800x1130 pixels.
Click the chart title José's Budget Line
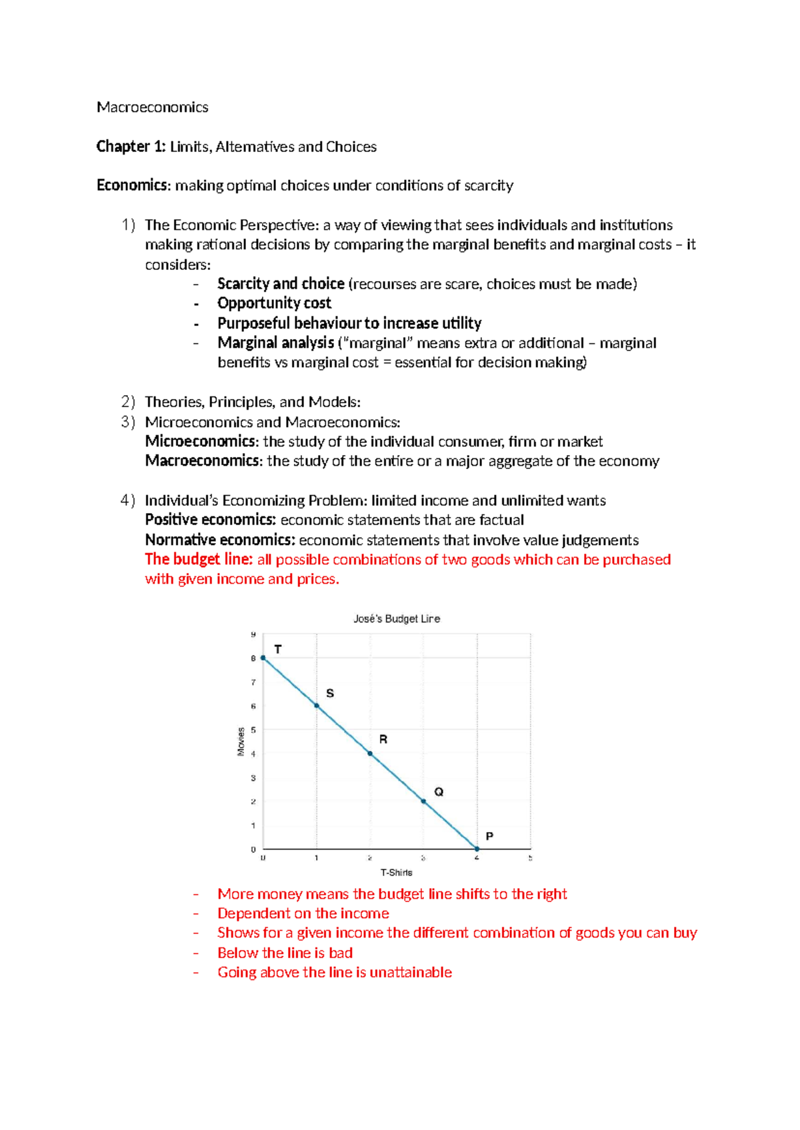[397, 618]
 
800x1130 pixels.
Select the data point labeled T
[263, 658]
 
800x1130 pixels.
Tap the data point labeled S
[317, 706]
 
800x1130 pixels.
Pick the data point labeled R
[370, 754]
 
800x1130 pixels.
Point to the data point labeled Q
[423, 802]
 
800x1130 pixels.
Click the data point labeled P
[477, 849]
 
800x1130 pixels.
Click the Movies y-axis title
[241, 742]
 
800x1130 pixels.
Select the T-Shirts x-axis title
[397, 872]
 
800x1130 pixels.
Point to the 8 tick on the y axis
[253, 658]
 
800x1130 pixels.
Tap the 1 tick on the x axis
[317, 858]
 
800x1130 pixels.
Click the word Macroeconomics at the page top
[152, 107]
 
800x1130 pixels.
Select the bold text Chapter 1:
[131, 147]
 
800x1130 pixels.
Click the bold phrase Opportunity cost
[274, 303]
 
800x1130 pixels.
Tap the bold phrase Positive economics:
[210, 520]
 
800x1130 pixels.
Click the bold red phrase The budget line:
[199, 559]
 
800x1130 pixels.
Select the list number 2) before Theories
[128, 402]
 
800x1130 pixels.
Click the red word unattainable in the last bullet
[411, 972]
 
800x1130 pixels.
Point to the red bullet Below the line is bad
[285, 953]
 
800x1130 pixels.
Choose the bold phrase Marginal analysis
[275, 342]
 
